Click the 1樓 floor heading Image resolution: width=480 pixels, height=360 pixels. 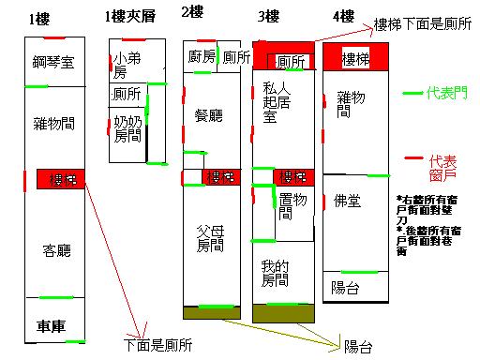(x=39, y=18)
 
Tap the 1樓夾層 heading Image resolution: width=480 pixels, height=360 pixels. (x=130, y=17)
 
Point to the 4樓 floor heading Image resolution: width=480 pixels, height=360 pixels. (x=343, y=16)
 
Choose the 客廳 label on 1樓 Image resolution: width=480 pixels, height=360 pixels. (x=57, y=250)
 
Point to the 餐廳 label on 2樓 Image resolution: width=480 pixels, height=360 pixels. (x=208, y=116)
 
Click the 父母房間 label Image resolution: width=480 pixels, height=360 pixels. (x=210, y=239)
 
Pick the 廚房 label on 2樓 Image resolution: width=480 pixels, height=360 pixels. (x=202, y=57)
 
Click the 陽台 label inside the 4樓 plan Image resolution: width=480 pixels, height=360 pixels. (x=346, y=286)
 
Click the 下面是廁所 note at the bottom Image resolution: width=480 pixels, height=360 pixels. (x=157, y=345)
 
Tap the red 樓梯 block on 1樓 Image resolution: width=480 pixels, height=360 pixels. (x=62, y=178)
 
